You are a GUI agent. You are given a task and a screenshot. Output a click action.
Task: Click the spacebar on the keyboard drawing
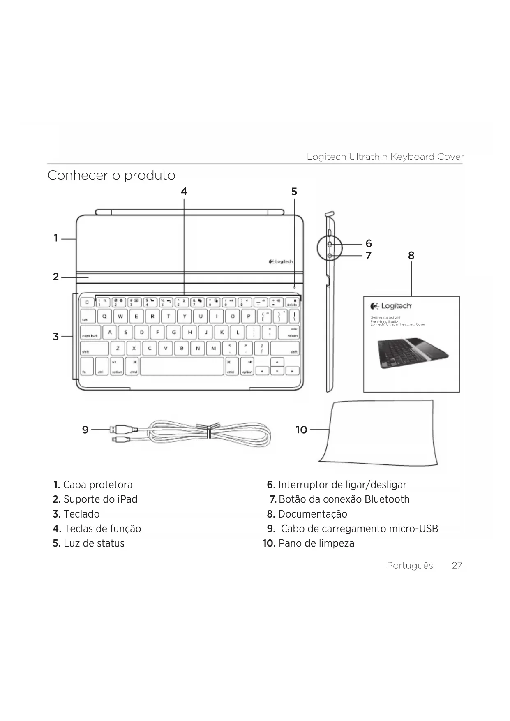(182, 366)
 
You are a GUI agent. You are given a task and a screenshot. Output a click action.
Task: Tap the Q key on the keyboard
(104, 317)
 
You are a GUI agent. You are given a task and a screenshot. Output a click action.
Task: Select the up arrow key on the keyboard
(278, 362)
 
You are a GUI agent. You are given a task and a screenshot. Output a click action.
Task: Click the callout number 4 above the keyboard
(184, 192)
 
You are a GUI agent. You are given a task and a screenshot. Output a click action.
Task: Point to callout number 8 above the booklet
(411, 256)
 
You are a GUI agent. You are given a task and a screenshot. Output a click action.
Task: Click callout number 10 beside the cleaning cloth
(301, 430)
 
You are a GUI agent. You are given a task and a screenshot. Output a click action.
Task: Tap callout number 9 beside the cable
(85, 430)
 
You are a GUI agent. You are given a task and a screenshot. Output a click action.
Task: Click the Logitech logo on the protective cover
(281, 261)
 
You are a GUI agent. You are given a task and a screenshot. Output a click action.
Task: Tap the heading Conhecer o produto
(111, 176)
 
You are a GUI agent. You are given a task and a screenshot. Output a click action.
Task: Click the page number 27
(457, 566)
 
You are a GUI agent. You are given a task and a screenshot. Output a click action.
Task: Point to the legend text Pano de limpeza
(316, 543)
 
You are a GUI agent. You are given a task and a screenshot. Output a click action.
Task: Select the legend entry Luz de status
(94, 543)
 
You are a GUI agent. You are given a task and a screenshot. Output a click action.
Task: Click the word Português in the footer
(410, 566)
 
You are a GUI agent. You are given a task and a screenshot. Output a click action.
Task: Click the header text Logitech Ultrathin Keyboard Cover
(385, 157)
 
